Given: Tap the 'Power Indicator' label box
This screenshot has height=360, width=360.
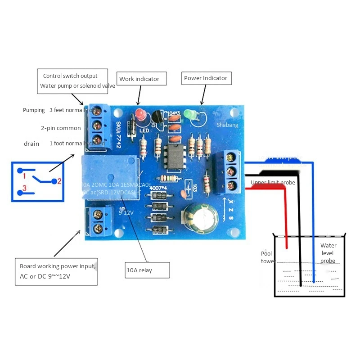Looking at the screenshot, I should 206,78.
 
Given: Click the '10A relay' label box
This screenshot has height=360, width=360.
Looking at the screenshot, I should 147,270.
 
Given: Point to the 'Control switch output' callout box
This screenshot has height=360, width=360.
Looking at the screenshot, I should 72,81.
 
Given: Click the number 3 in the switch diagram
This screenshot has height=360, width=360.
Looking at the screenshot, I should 25,188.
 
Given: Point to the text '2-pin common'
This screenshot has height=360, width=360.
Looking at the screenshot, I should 61,128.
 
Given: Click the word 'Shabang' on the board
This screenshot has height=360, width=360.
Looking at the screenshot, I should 227,126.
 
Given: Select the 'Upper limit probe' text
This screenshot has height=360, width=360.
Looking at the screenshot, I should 272,183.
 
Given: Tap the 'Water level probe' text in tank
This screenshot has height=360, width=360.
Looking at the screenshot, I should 328,253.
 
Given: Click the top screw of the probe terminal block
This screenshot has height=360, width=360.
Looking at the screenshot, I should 232,157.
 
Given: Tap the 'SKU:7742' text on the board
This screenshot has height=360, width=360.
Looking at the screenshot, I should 118,135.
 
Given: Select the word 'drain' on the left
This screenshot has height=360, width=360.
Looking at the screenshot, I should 31,144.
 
